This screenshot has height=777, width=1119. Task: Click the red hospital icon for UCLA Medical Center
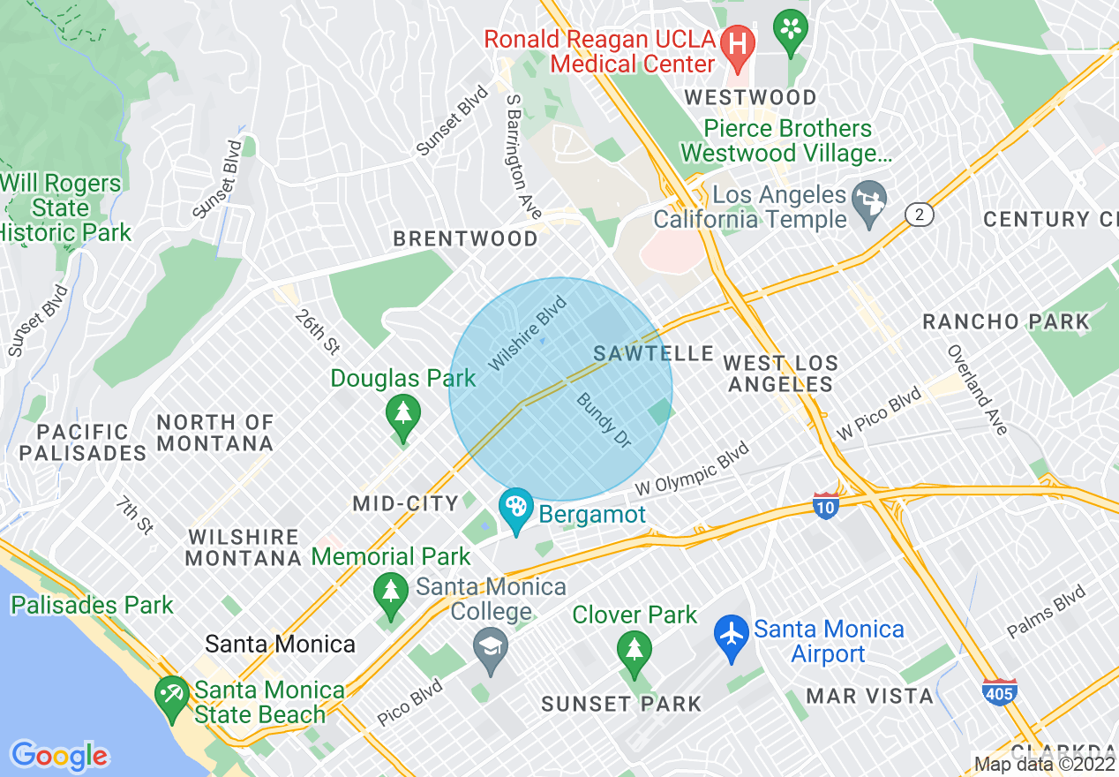(734, 41)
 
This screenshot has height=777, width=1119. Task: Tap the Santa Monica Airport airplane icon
(732, 640)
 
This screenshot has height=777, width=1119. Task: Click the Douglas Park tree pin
(403, 414)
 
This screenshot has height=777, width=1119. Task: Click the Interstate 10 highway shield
(825, 506)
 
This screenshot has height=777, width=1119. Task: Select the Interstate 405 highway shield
(999, 691)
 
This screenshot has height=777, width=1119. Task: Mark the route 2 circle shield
(920, 215)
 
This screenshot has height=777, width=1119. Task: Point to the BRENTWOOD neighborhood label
(465, 238)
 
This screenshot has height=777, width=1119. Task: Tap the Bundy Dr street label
(605, 420)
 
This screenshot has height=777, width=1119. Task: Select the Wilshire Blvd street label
(528, 334)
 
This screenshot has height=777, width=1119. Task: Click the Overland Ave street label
(978, 389)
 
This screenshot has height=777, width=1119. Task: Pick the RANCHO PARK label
(1006, 321)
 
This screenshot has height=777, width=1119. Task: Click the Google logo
(59, 756)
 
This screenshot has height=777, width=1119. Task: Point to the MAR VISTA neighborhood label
(869, 696)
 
